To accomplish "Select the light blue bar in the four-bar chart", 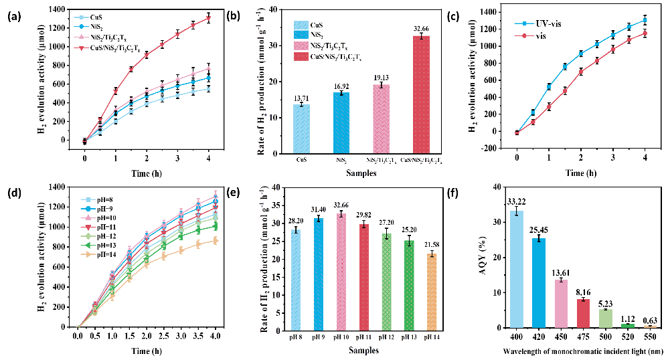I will coord(301,128).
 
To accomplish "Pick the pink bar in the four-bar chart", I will coord(381,118).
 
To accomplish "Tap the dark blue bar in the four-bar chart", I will coord(341,122).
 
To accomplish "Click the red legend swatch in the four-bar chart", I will coord(301,57).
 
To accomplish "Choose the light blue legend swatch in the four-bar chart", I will coord(301,25).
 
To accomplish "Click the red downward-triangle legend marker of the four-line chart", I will coord(81,48).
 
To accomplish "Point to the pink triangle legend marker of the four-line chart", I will coord(81,37).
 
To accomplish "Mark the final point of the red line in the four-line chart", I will coord(209,18).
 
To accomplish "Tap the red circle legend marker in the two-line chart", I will coord(524,35).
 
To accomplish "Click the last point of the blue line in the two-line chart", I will coord(645,20).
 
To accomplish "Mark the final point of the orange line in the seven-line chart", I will coord(216,240).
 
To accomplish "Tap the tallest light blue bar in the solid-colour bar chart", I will coord(516,269).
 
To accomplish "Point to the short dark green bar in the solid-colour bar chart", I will coord(628,326).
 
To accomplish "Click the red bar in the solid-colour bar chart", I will coord(583,313).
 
